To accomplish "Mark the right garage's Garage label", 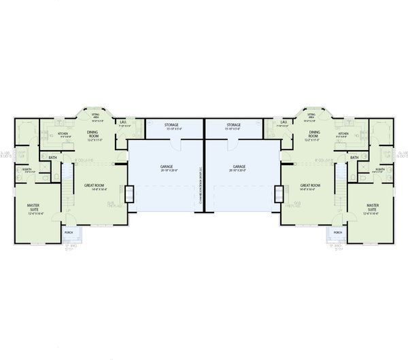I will pyautogui.click(x=239, y=167).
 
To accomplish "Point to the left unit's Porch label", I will pyautogui.click(x=69, y=232).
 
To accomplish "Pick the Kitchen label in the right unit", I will pyautogui.click(x=343, y=134).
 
